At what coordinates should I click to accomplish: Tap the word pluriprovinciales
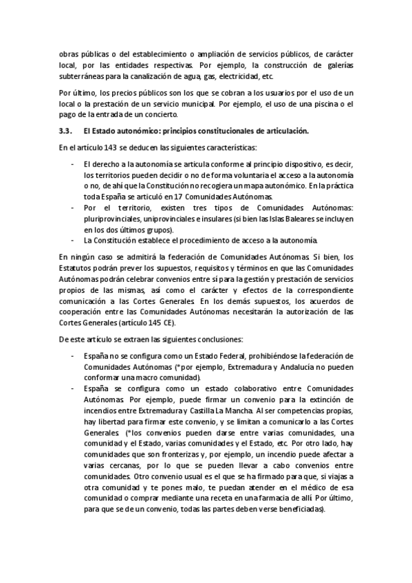[112, 218]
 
